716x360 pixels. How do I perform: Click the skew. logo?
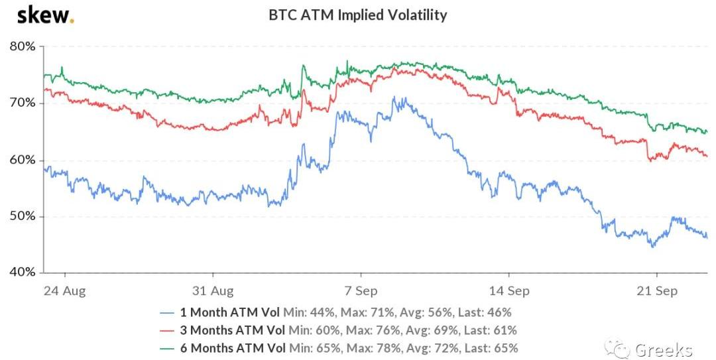[45, 15]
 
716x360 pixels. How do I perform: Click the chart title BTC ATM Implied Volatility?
[357, 15]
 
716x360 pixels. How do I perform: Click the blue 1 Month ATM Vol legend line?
[169, 312]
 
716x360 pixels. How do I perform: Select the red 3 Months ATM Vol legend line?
[169, 330]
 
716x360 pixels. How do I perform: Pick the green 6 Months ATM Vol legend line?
[169, 347]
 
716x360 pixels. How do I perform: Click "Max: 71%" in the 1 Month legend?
[353, 312]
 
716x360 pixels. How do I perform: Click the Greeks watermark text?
[663, 349]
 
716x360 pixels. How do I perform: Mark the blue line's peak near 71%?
[395, 97]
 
